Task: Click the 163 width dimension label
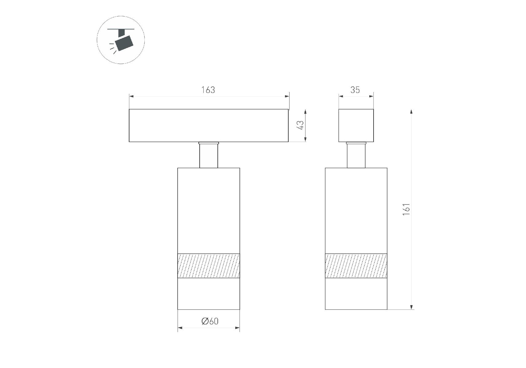click(208, 90)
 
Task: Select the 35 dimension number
click(355, 90)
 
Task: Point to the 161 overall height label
click(406, 209)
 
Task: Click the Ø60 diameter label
click(210, 321)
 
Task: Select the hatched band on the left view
click(209, 266)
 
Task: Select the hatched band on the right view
click(356, 266)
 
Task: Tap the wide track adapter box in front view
click(209, 125)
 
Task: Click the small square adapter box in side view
click(356, 125)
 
